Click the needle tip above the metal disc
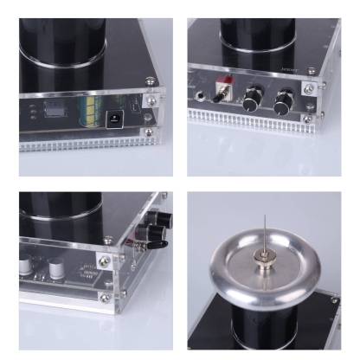pos(264,216)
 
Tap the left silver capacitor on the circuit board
pos(33,263)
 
